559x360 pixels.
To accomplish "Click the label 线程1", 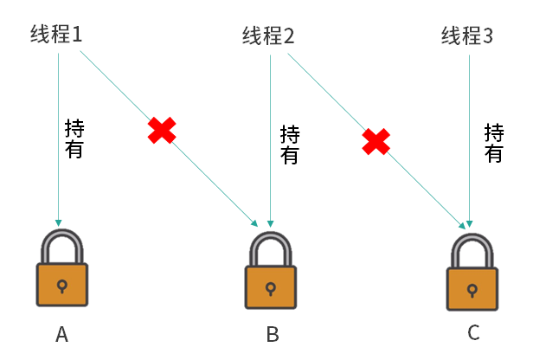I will (56, 35).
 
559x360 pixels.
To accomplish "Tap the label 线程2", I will (268, 36).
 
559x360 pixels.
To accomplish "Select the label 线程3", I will (467, 36).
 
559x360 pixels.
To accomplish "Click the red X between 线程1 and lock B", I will (162, 130).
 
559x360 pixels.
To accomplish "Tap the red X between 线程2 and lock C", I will (376, 141).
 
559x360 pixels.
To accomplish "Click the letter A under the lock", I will (61, 334).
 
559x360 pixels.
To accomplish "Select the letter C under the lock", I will (473, 332).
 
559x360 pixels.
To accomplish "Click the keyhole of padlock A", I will (61, 285).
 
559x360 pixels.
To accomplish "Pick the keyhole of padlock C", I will (472, 288).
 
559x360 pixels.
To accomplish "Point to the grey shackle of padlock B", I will (272, 244).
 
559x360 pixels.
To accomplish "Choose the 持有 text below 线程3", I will (493, 143).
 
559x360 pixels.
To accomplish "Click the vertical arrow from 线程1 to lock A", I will (58, 173).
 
